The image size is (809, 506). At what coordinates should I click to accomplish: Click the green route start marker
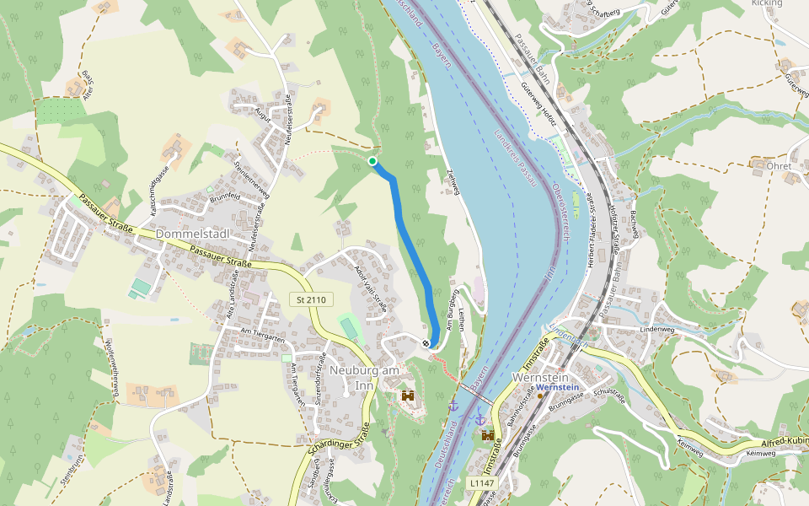[372, 160]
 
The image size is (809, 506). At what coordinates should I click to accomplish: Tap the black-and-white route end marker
[426, 343]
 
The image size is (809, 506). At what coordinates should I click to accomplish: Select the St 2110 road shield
[311, 299]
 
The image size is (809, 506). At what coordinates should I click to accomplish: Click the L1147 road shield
[481, 482]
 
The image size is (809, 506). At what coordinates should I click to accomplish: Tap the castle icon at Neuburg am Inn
[409, 395]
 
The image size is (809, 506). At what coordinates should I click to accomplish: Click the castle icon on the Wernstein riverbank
[488, 435]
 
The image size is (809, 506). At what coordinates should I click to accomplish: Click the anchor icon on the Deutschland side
[453, 406]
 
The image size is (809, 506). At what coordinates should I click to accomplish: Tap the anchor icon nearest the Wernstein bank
[480, 418]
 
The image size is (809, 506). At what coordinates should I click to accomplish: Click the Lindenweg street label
[659, 330]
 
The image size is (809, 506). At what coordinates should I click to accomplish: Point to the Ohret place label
[779, 166]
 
